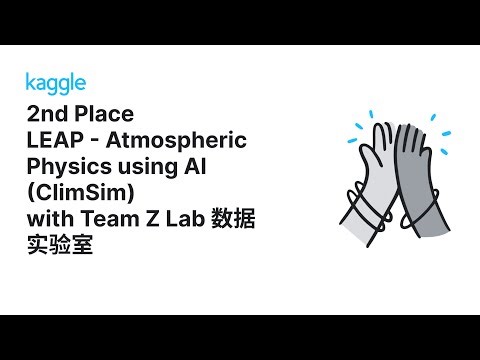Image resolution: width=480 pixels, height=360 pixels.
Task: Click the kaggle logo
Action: tap(55, 82)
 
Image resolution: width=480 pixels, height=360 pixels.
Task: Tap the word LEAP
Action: tap(53, 139)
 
